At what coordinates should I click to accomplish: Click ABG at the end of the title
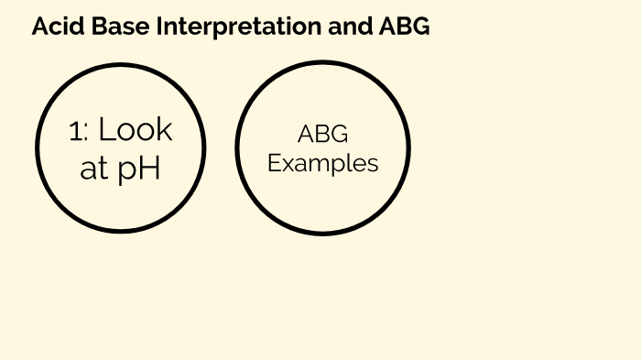tap(404, 27)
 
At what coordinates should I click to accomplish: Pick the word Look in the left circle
tap(135, 130)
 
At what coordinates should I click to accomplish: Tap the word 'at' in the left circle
tap(94, 169)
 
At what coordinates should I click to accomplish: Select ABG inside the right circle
tap(322, 135)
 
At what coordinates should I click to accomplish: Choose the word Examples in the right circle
tap(322, 164)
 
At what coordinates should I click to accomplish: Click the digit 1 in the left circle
tap(75, 131)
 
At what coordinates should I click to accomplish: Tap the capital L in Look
tap(105, 130)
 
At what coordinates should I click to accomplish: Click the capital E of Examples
tap(274, 163)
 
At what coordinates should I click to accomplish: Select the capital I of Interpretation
tap(160, 27)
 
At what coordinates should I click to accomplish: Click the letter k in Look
tap(164, 130)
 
